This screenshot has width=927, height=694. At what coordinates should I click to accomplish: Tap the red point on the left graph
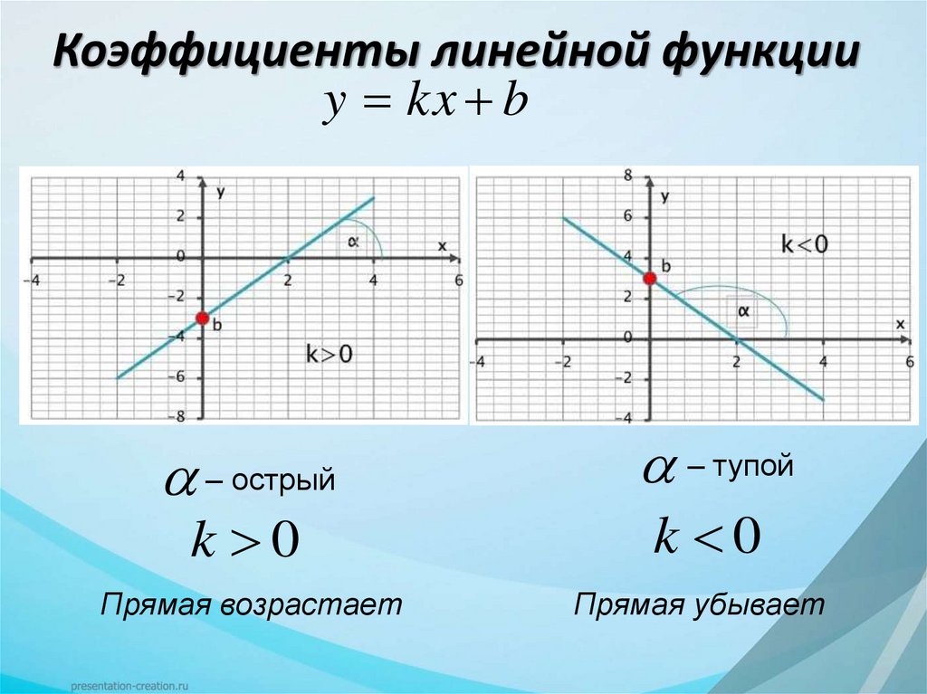point(203,318)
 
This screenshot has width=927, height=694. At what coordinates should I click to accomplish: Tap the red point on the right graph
point(649,278)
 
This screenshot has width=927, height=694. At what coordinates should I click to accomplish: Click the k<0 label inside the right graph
point(804,243)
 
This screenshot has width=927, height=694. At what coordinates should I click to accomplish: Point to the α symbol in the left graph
point(354,241)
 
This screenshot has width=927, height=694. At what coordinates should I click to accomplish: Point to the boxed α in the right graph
point(744,311)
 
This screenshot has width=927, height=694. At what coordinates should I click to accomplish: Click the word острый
point(282,480)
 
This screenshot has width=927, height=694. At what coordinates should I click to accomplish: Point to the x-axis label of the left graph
point(442,246)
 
